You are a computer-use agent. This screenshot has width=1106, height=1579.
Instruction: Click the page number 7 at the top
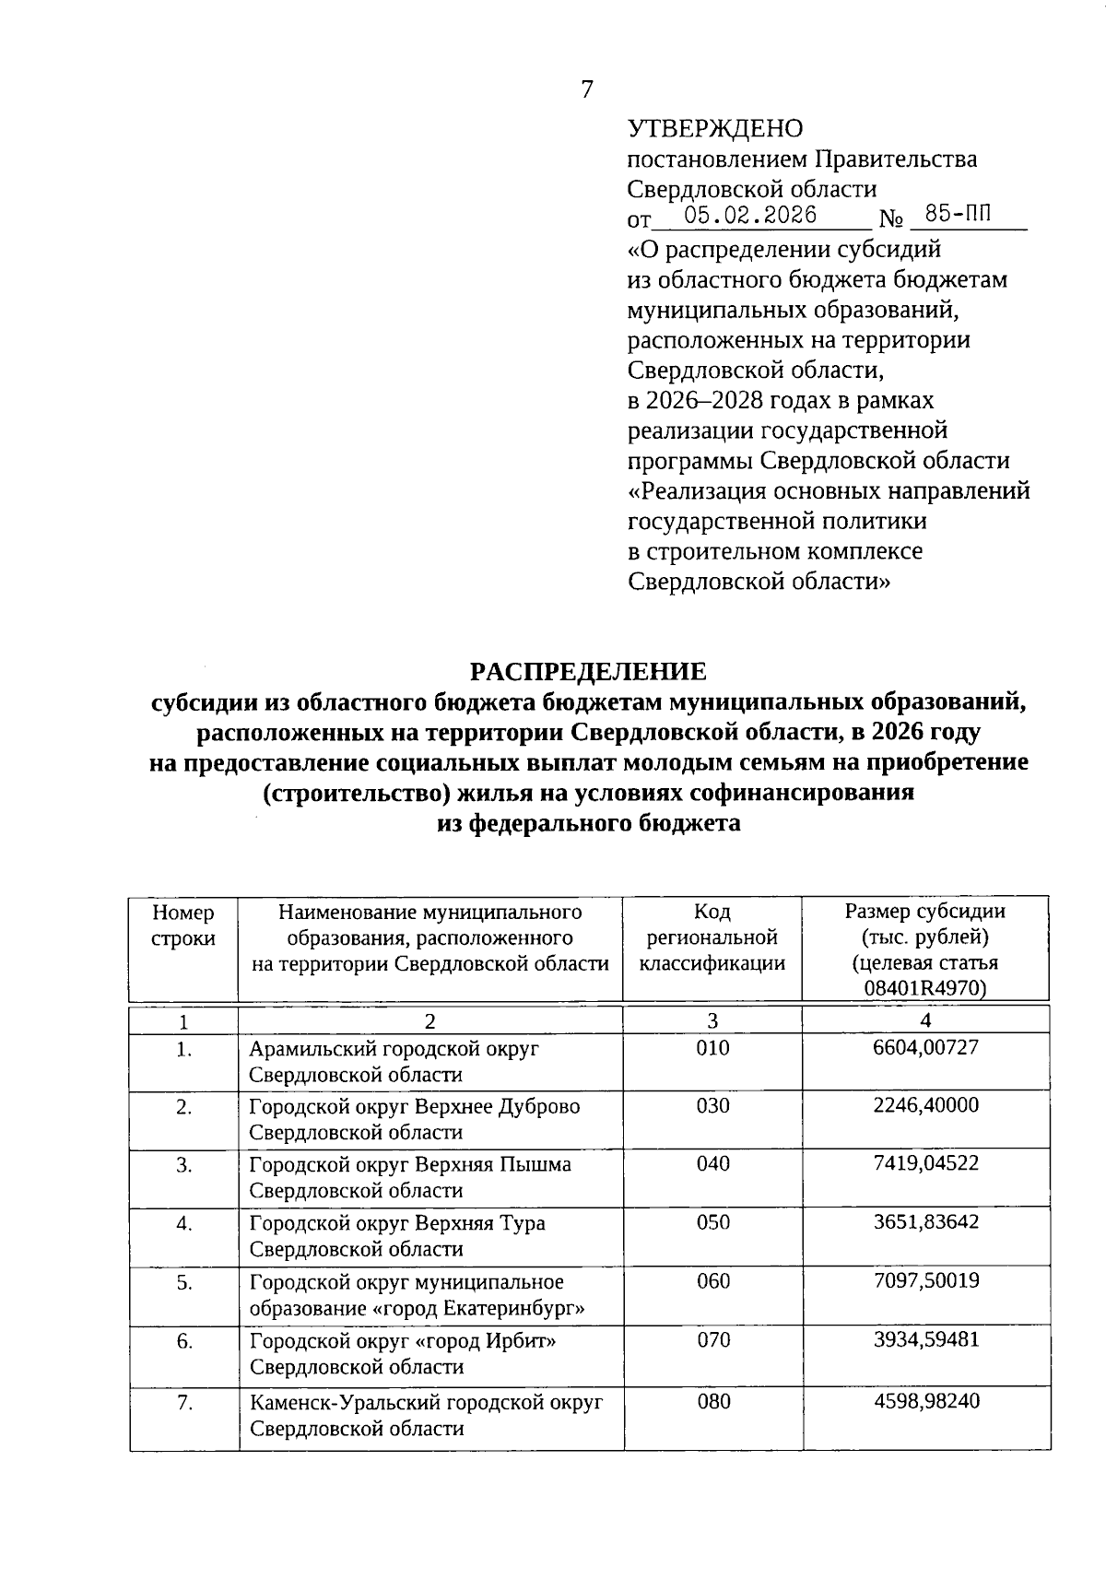point(587,89)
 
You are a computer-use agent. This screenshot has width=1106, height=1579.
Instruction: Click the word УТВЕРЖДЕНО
point(714,129)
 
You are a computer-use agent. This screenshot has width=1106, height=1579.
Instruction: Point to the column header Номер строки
point(183,925)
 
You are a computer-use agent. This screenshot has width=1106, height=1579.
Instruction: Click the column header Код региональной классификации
point(712,937)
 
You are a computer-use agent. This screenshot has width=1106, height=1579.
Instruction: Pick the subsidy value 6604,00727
point(925,1047)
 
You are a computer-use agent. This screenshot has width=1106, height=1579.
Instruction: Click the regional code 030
point(712,1105)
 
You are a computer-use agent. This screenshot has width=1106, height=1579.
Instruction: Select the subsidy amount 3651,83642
point(925,1222)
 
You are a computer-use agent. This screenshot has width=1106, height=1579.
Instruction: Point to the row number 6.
point(184,1341)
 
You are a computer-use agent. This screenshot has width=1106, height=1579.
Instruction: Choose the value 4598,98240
point(925,1401)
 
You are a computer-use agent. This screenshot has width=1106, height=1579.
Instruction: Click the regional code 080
point(713,1402)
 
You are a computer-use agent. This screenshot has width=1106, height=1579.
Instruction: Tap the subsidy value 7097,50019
point(925,1281)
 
